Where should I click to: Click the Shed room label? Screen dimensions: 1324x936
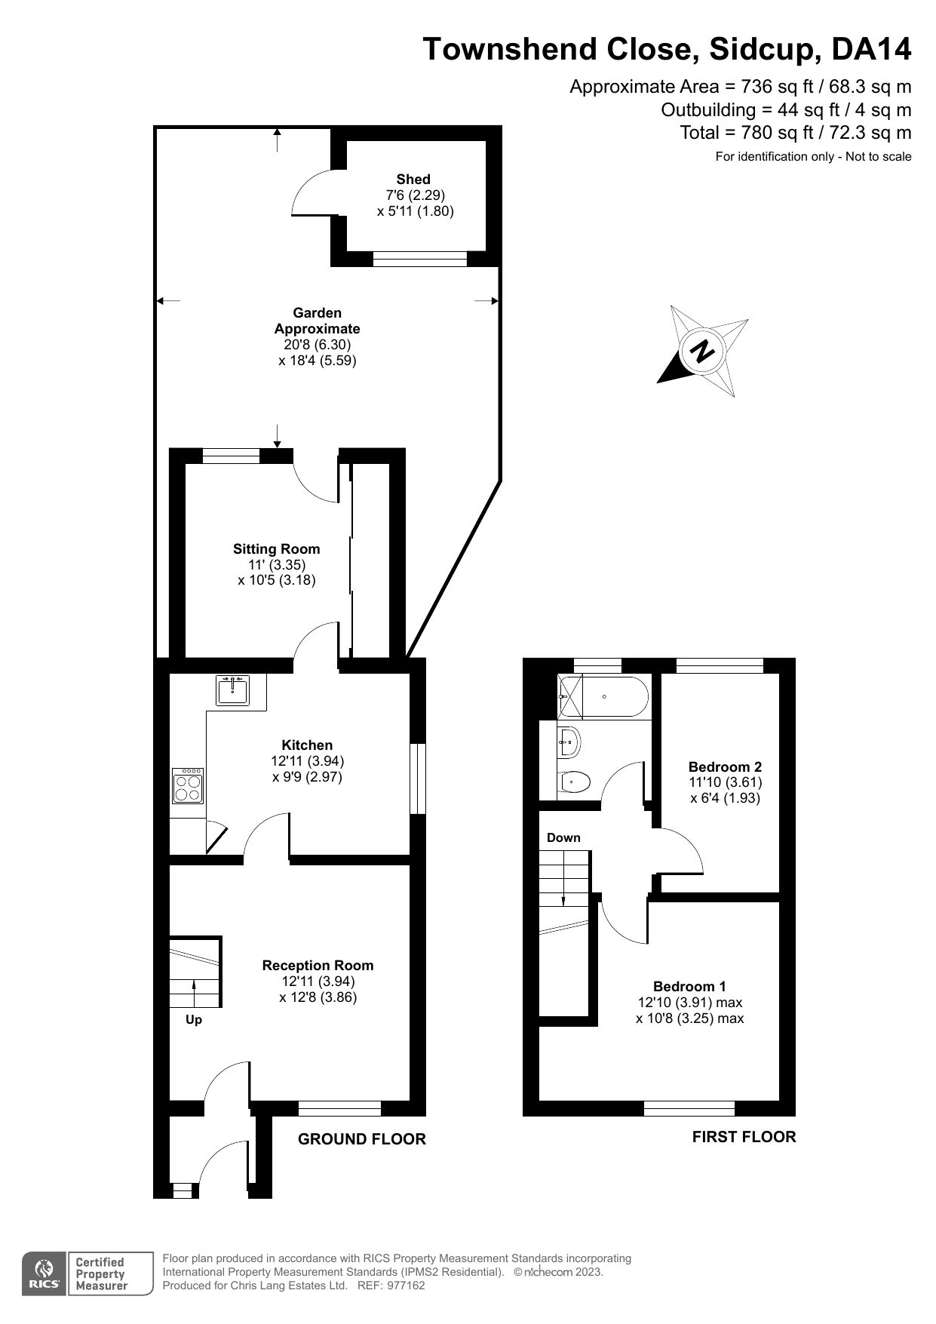pyautogui.click(x=413, y=179)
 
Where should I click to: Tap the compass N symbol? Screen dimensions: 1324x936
pyautogui.click(x=703, y=352)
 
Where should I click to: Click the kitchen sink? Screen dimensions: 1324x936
pyautogui.click(x=234, y=690)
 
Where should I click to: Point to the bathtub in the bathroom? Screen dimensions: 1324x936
pyautogui.click(x=603, y=697)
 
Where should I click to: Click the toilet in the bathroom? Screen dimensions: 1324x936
pyautogui.click(x=574, y=782)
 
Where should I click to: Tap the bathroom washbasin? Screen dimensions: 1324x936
pyautogui.click(x=569, y=742)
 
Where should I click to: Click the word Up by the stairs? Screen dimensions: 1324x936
pyautogui.click(x=194, y=1020)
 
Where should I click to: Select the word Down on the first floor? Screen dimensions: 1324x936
pyautogui.click(x=563, y=837)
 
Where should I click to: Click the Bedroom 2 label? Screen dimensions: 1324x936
pyautogui.click(x=725, y=766)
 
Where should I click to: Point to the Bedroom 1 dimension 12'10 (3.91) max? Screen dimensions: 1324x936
pyautogui.click(x=689, y=1003)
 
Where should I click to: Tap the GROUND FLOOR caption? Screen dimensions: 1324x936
pyautogui.click(x=362, y=1139)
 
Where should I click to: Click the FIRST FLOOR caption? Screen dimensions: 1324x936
pyautogui.click(x=744, y=1136)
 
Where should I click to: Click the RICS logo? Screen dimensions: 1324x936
pyautogui.click(x=44, y=1274)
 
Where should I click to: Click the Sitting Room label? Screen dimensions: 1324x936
pyautogui.click(x=276, y=548)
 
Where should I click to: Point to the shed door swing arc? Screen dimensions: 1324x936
pyautogui.click(x=305, y=192)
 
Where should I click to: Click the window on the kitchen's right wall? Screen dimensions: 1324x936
pyautogui.click(x=417, y=779)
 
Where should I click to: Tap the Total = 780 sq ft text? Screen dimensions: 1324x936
pyautogui.click(x=795, y=133)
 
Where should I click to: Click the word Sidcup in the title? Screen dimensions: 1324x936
pyautogui.click(x=760, y=49)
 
